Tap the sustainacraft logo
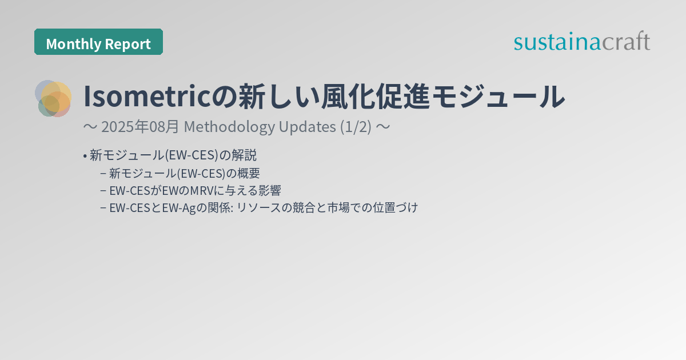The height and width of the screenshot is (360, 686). tap(581, 42)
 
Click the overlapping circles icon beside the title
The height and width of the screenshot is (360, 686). tap(53, 98)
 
